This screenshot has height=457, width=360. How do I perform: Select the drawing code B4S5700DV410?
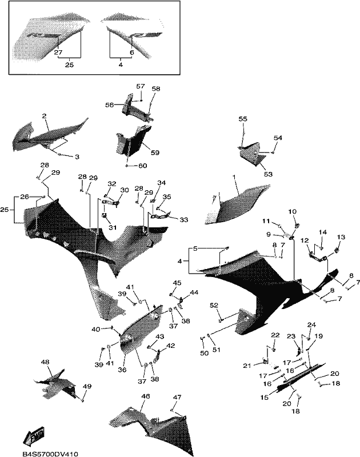50,454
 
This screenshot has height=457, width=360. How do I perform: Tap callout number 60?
143,166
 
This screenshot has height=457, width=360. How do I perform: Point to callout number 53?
268,174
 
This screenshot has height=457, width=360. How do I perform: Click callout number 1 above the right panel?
234,177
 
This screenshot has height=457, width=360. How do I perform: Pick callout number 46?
146,396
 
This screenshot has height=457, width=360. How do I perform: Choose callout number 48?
45,362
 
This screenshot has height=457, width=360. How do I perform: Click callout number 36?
122,370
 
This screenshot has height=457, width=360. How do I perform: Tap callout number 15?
265,397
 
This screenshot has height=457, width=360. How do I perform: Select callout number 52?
214,305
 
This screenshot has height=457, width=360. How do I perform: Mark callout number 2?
45,116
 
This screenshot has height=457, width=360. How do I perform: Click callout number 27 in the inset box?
58,53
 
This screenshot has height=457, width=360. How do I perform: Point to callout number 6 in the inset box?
132,53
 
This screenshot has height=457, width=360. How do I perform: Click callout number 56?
110,105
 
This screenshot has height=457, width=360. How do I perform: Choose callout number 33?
183,220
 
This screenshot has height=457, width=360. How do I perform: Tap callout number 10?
293,211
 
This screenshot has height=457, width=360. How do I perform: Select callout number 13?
341,237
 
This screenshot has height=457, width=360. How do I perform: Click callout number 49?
87,386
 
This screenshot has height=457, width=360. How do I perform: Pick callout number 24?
311,324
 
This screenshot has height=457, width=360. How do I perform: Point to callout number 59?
155,153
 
